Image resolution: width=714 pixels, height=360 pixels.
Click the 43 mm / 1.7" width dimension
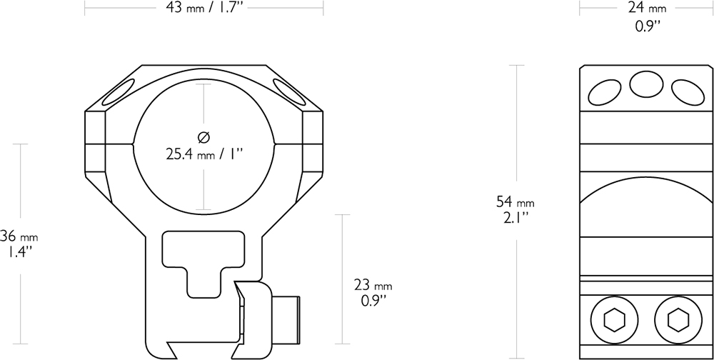coord(203,9)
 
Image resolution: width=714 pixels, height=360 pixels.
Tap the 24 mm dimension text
coord(647,9)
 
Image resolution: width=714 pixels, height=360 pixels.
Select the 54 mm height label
coord(515,202)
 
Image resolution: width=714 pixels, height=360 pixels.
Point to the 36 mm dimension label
coord(19,236)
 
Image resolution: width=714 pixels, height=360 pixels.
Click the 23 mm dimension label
coord(373,285)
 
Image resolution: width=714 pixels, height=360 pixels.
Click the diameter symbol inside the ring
coord(203,136)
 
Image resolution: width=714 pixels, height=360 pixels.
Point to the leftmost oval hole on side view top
coord(605,91)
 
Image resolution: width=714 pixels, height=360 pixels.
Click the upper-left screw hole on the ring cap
coord(119,91)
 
